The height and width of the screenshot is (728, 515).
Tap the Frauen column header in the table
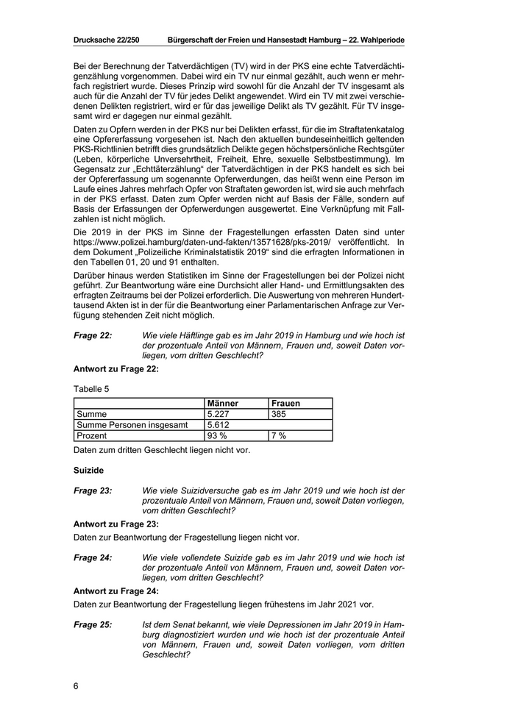285,403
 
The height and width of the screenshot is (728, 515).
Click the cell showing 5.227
220,414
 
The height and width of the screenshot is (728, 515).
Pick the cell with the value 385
280,414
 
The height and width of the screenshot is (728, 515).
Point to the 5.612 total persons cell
220,425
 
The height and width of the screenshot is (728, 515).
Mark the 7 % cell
279,436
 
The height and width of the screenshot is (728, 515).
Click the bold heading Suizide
88,468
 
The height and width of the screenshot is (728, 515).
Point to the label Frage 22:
93,335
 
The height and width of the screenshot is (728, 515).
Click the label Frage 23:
93,490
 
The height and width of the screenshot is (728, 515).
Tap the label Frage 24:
93,558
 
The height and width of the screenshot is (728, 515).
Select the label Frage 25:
93,625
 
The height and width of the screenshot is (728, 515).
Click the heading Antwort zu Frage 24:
116,590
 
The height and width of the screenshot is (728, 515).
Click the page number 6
76,687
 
